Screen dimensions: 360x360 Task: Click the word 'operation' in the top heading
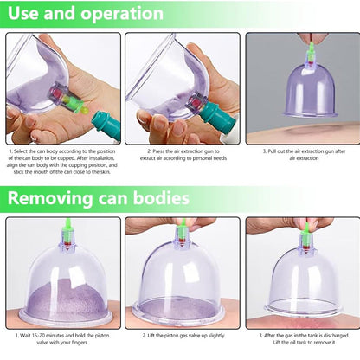pyautogui.click(x=122, y=14)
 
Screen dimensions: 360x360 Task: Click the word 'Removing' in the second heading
pyautogui.click(x=49, y=198)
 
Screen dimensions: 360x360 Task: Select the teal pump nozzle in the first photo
pyautogui.click(x=106, y=125)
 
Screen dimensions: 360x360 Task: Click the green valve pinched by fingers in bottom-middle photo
pyautogui.click(x=182, y=232)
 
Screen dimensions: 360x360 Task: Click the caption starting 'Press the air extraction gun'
pyautogui.click(x=183, y=155)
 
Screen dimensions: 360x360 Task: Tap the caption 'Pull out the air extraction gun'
pyautogui.click(x=304, y=155)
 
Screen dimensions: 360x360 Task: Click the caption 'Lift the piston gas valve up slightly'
pyautogui.click(x=183, y=336)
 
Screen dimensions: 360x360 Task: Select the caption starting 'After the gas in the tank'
pyautogui.click(x=304, y=339)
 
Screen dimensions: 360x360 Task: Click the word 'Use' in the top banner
pyautogui.click(x=24, y=13)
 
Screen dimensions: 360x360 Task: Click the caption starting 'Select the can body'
pyautogui.click(x=62, y=162)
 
